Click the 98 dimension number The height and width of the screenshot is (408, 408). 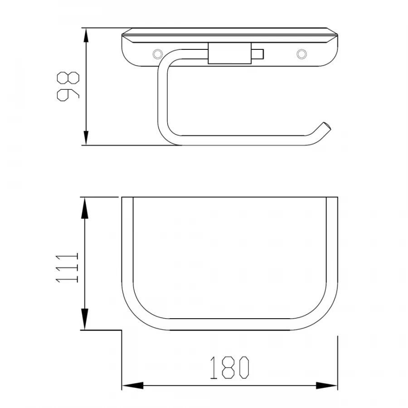pyautogui.click(x=68, y=87)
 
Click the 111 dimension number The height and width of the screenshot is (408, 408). pyautogui.click(x=67, y=267)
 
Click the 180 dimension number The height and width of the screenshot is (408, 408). pyautogui.click(x=229, y=367)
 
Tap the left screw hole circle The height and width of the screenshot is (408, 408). pyautogui.click(x=157, y=54)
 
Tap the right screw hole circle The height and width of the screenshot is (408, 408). pyautogui.click(x=301, y=54)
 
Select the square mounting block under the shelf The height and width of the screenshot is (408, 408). pyautogui.click(x=230, y=53)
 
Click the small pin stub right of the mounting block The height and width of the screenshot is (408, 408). pyautogui.click(x=257, y=54)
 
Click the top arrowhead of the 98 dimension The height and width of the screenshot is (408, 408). pyautogui.click(x=86, y=35)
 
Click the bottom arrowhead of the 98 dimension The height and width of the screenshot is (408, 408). pyautogui.click(x=86, y=138)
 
